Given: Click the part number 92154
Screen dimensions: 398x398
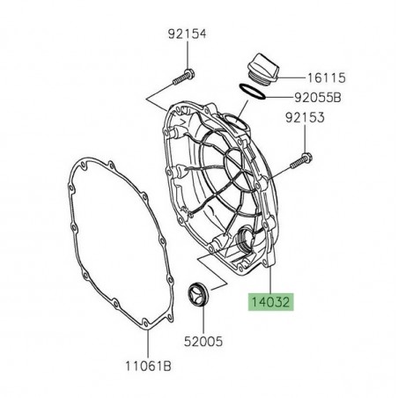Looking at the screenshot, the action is click(188, 33).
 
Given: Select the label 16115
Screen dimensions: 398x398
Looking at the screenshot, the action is click(327, 78).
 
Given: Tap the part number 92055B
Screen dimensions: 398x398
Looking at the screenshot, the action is click(318, 98).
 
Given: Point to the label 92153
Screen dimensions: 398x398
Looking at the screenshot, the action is click(305, 117).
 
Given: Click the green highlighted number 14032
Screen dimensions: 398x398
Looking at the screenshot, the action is click(270, 302).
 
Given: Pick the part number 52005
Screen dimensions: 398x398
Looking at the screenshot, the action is click(203, 342).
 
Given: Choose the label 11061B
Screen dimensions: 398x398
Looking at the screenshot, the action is click(148, 366).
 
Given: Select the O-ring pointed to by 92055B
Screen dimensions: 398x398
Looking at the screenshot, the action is click(252, 92).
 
